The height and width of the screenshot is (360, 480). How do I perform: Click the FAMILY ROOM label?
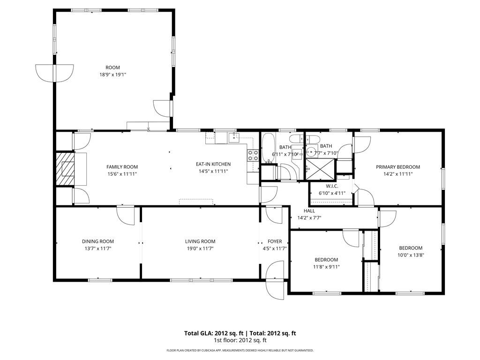tap(122, 167)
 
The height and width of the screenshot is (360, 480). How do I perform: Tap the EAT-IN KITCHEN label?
tap(213, 164)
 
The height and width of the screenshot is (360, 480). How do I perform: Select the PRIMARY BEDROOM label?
tap(397, 167)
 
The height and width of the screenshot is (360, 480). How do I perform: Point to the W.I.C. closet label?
tap(331, 186)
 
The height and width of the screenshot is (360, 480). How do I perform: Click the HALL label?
tap(309, 211)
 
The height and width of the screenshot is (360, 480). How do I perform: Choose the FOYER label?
tap(274, 241)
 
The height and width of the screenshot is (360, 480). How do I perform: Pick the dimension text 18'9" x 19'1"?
tap(112, 75)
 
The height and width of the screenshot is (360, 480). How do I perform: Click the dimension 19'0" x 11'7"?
tap(200, 248)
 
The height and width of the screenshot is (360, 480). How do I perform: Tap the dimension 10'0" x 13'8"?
tap(411, 255)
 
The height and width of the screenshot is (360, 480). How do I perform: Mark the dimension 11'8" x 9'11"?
tap(326, 267)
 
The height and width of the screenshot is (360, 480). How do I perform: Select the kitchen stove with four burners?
tap(253, 155)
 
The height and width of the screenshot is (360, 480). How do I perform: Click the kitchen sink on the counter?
tap(234, 137)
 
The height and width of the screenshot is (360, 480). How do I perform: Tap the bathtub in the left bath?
tap(268, 148)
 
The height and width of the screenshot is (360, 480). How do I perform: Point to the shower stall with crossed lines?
tap(321, 169)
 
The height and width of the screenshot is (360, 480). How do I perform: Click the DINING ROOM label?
tap(98, 241)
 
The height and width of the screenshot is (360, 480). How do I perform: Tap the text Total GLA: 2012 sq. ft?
tap(210, 333)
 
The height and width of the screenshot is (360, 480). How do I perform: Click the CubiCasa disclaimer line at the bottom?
tap(240, 350)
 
